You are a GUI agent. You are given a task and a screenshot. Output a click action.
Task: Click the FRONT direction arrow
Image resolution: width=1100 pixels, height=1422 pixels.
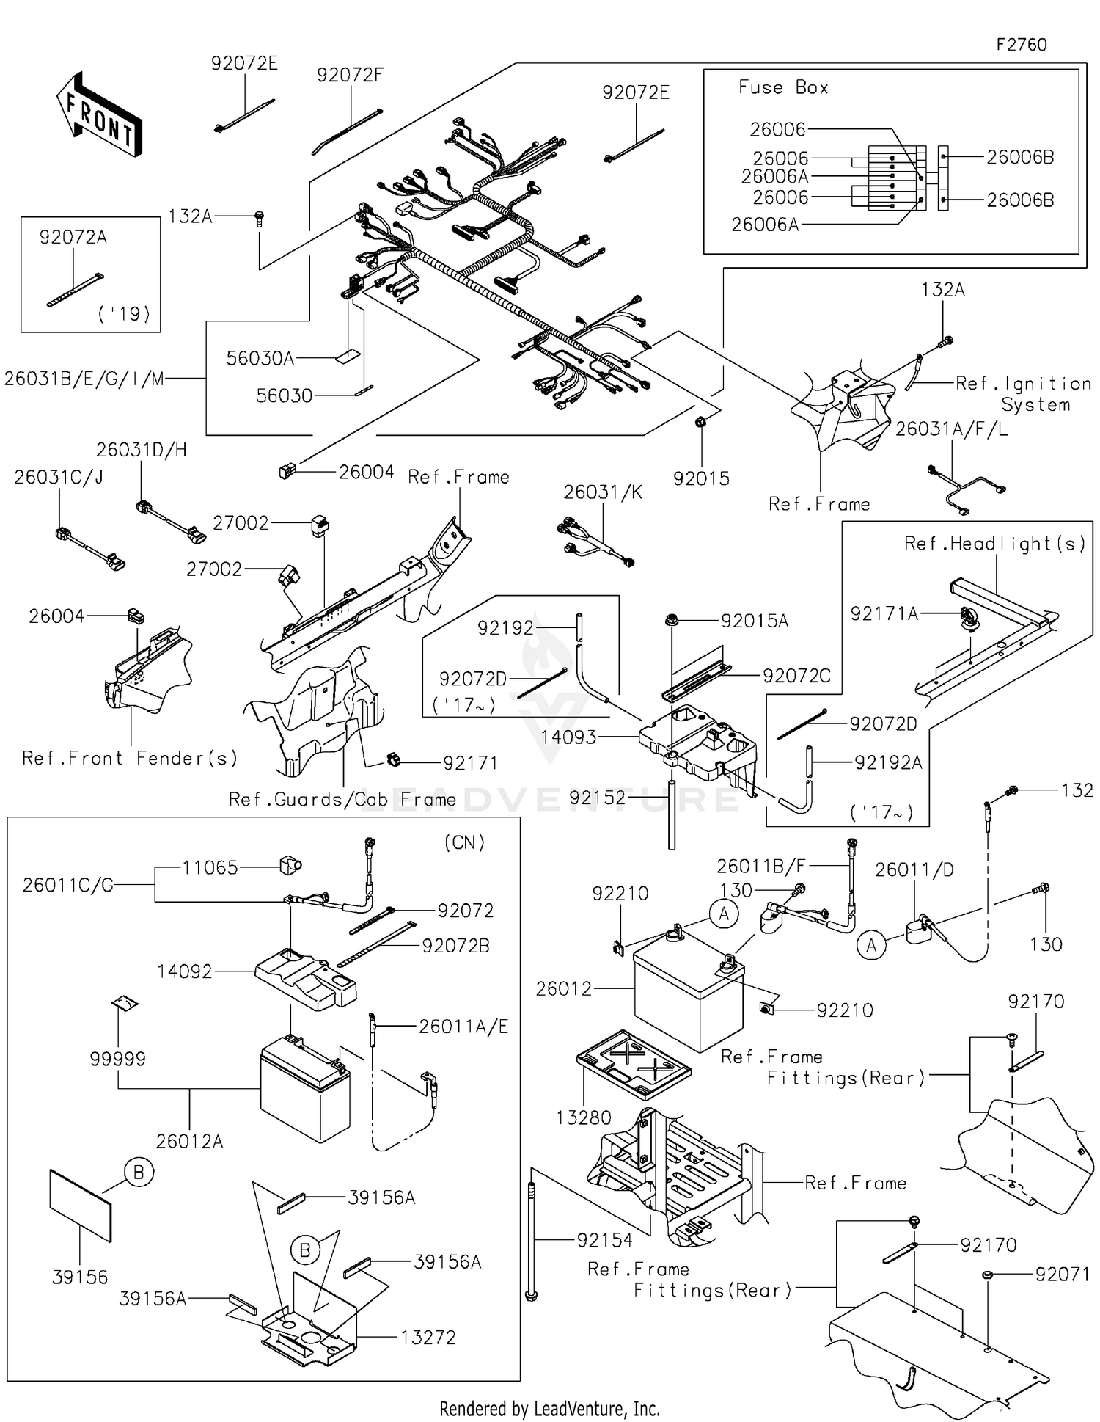point(98,114)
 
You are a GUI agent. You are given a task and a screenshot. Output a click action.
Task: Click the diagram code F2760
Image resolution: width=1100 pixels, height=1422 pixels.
point(1021,45)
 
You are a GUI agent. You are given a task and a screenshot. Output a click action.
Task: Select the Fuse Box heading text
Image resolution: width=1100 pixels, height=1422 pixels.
point(782,87)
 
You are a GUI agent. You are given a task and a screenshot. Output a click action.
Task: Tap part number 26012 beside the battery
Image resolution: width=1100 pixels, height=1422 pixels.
point(563,988)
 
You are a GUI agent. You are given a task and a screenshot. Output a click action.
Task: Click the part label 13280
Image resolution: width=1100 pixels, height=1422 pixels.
point(583,1117)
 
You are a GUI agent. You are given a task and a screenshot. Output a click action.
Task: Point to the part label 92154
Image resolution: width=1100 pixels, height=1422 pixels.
point(604,1240)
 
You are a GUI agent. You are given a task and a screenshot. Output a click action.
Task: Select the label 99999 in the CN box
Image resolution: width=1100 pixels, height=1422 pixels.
point(117,1059)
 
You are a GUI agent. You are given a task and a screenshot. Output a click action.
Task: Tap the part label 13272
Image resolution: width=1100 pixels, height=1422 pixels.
point(428,1337)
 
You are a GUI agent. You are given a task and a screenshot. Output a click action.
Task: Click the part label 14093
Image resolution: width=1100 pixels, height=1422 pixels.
point(568,737)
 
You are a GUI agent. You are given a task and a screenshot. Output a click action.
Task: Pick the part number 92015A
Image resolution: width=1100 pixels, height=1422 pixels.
point(754,621)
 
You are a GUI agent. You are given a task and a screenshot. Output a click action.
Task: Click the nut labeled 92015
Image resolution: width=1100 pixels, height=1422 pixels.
point(700,422)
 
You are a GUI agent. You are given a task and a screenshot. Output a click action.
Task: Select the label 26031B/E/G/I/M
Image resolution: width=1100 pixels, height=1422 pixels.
point(84,379)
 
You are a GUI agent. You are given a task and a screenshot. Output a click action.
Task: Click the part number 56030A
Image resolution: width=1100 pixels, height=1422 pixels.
point(260,358)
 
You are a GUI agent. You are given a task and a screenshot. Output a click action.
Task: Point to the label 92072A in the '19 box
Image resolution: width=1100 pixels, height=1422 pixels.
point(73,237)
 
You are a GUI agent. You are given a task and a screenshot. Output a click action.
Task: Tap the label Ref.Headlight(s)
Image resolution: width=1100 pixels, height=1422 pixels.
point(994,543)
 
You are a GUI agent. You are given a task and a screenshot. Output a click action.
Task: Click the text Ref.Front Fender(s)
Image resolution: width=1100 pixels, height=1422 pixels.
point(130,758)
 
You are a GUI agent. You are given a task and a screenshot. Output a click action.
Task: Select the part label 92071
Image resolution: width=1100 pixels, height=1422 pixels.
point(1062,1274)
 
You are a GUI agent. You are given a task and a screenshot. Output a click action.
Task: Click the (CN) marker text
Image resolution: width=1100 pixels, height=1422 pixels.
point(464,842)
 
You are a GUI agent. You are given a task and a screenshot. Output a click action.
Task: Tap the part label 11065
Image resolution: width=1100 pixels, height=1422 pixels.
point(210,867)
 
